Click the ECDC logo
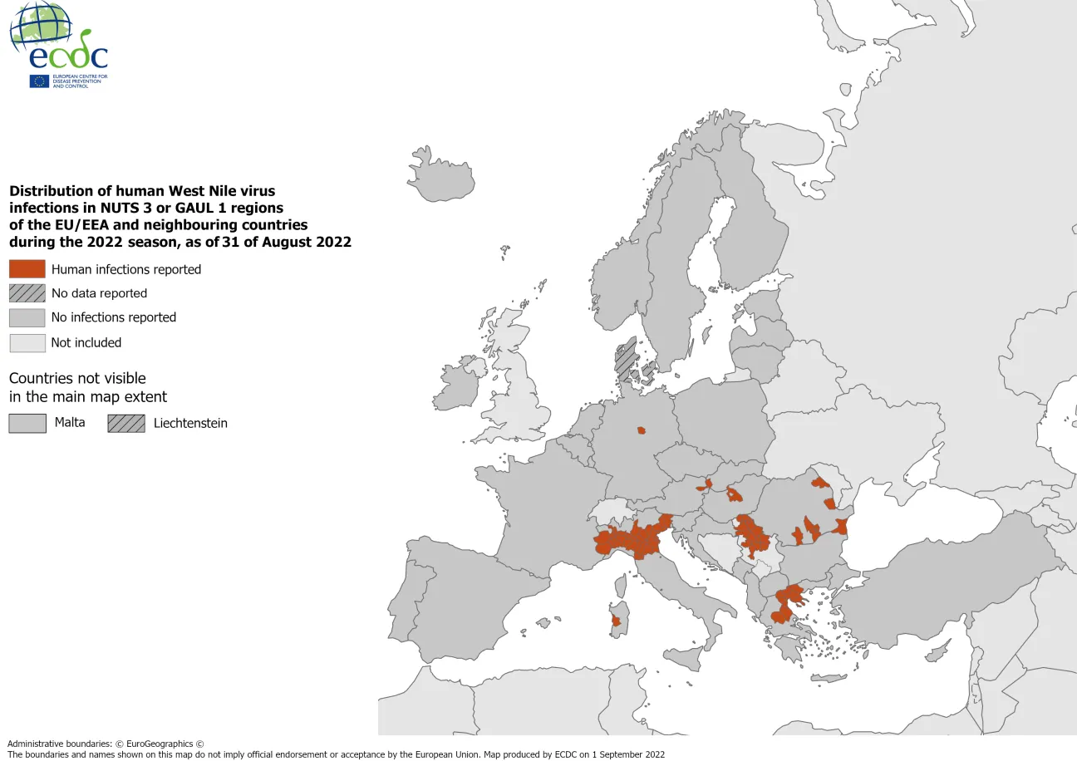pyautogui.click(x=58, y=46)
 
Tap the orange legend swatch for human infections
pyautogui.click(x=27, y=269)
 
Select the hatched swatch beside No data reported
pyautogui.click(x=27, y=293)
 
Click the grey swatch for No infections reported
pyautogui.click(x=27, y=317)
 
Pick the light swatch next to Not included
pyautogui.click(x=27, y=342)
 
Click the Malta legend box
pyautogui.click(x=27, y=423)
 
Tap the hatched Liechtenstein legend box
pyautogui.click(x=125, y=423)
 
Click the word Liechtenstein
pyautogui.click(x=190, y=423)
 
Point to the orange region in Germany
pyautogui.click(x=641, y=430)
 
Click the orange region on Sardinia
pyautogui.click(x=616, y=621)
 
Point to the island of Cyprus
pyautogui.click(x=937, y=655)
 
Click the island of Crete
pyautogui.click(x=829, y=678)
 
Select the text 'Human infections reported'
pyautogui.click(x=126, y=269)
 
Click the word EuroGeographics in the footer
pyautogui.click(x=159, y=744)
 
